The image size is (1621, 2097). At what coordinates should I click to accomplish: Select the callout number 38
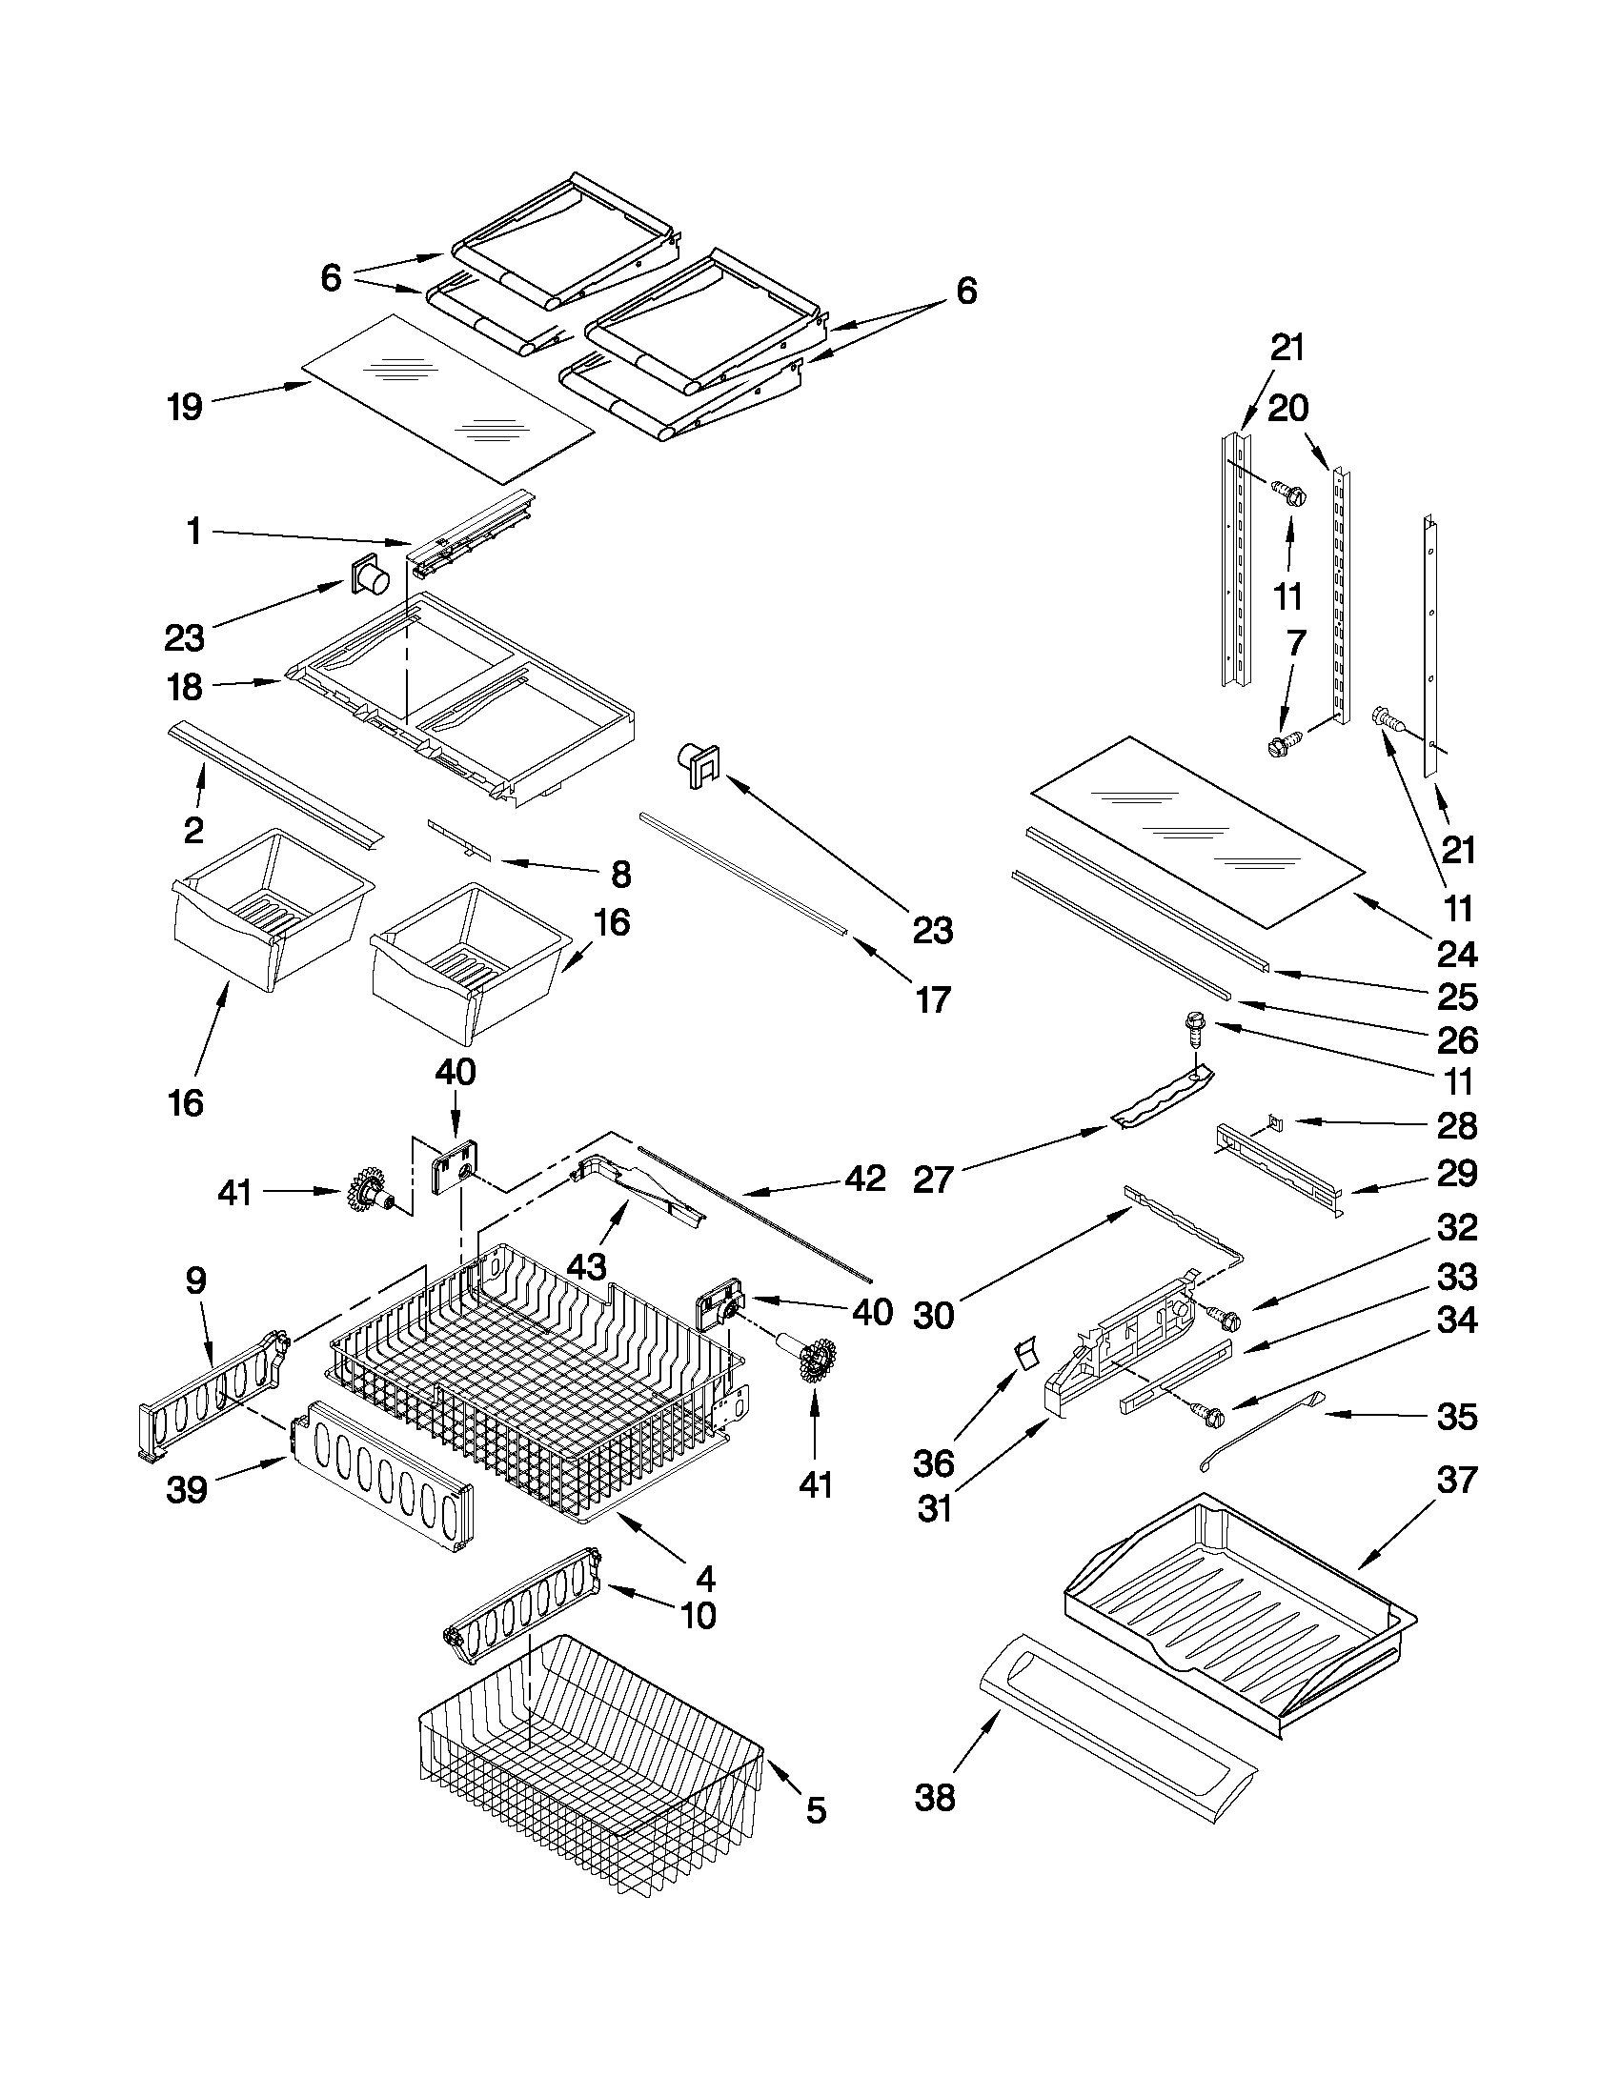[x=934, y=1798]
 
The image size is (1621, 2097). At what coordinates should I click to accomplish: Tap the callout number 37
[x=1456, y=1481]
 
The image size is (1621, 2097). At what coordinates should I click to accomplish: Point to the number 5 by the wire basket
[x=816, y=1811]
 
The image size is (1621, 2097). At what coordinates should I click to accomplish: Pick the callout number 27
[x=932, y=1180]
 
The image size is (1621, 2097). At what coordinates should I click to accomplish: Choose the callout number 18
[x=184, y=687]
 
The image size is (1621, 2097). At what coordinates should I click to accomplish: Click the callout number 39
[x=186, y=1489]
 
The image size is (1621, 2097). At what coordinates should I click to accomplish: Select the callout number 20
[x=1287, y=408]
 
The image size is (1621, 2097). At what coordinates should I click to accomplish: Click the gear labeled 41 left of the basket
[x=369, y=1191]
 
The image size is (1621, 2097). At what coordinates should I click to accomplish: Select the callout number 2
[x=194, y=831]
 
